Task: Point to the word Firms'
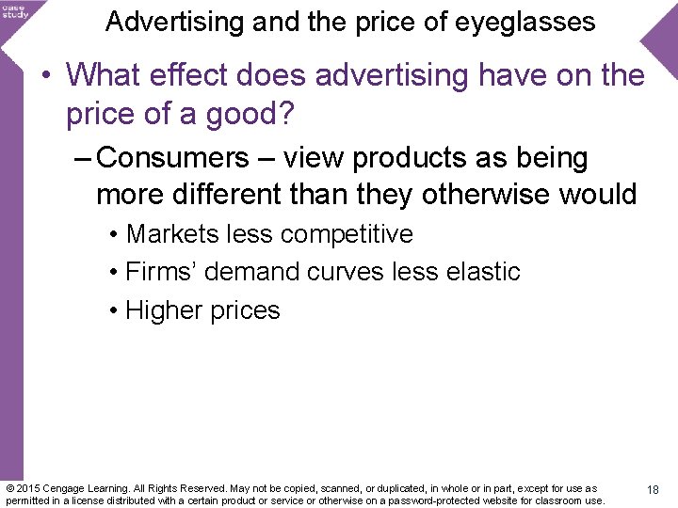click(x=161, y=272)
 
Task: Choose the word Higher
click(x=164, y=310)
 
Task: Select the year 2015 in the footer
click(x=30, y=488)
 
